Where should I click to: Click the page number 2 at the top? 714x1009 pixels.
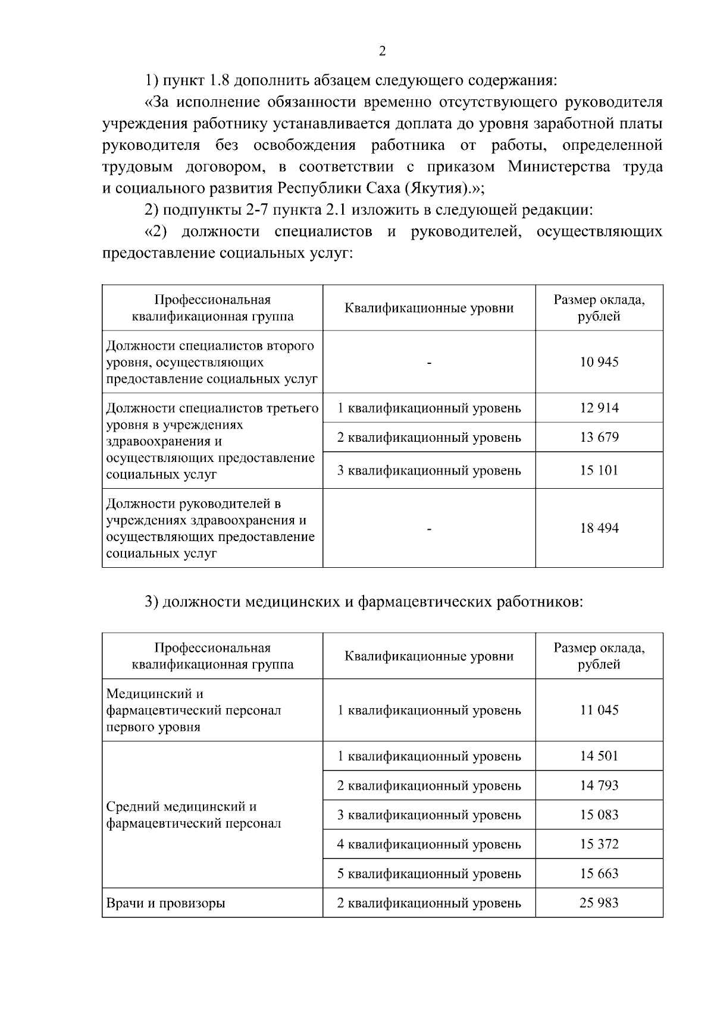382,51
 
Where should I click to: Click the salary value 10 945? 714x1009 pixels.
599,362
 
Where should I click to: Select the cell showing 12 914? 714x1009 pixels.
599,408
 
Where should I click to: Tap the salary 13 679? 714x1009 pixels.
599,438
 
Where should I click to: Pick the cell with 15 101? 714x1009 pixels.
599,470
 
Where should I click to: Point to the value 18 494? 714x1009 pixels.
599,528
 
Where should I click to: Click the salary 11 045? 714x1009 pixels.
599,710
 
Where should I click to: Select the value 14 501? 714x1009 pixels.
599,756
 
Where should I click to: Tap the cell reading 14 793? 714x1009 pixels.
599,785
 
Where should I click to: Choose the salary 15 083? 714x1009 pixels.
599,815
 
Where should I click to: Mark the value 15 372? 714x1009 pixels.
599,844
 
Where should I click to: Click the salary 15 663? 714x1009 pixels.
599,873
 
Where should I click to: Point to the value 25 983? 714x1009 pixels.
599,903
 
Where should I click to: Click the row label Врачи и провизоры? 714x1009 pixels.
165,903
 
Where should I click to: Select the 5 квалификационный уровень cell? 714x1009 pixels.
429,873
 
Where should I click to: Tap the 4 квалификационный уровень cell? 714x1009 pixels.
429,844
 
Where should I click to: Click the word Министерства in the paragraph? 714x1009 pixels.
559,166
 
